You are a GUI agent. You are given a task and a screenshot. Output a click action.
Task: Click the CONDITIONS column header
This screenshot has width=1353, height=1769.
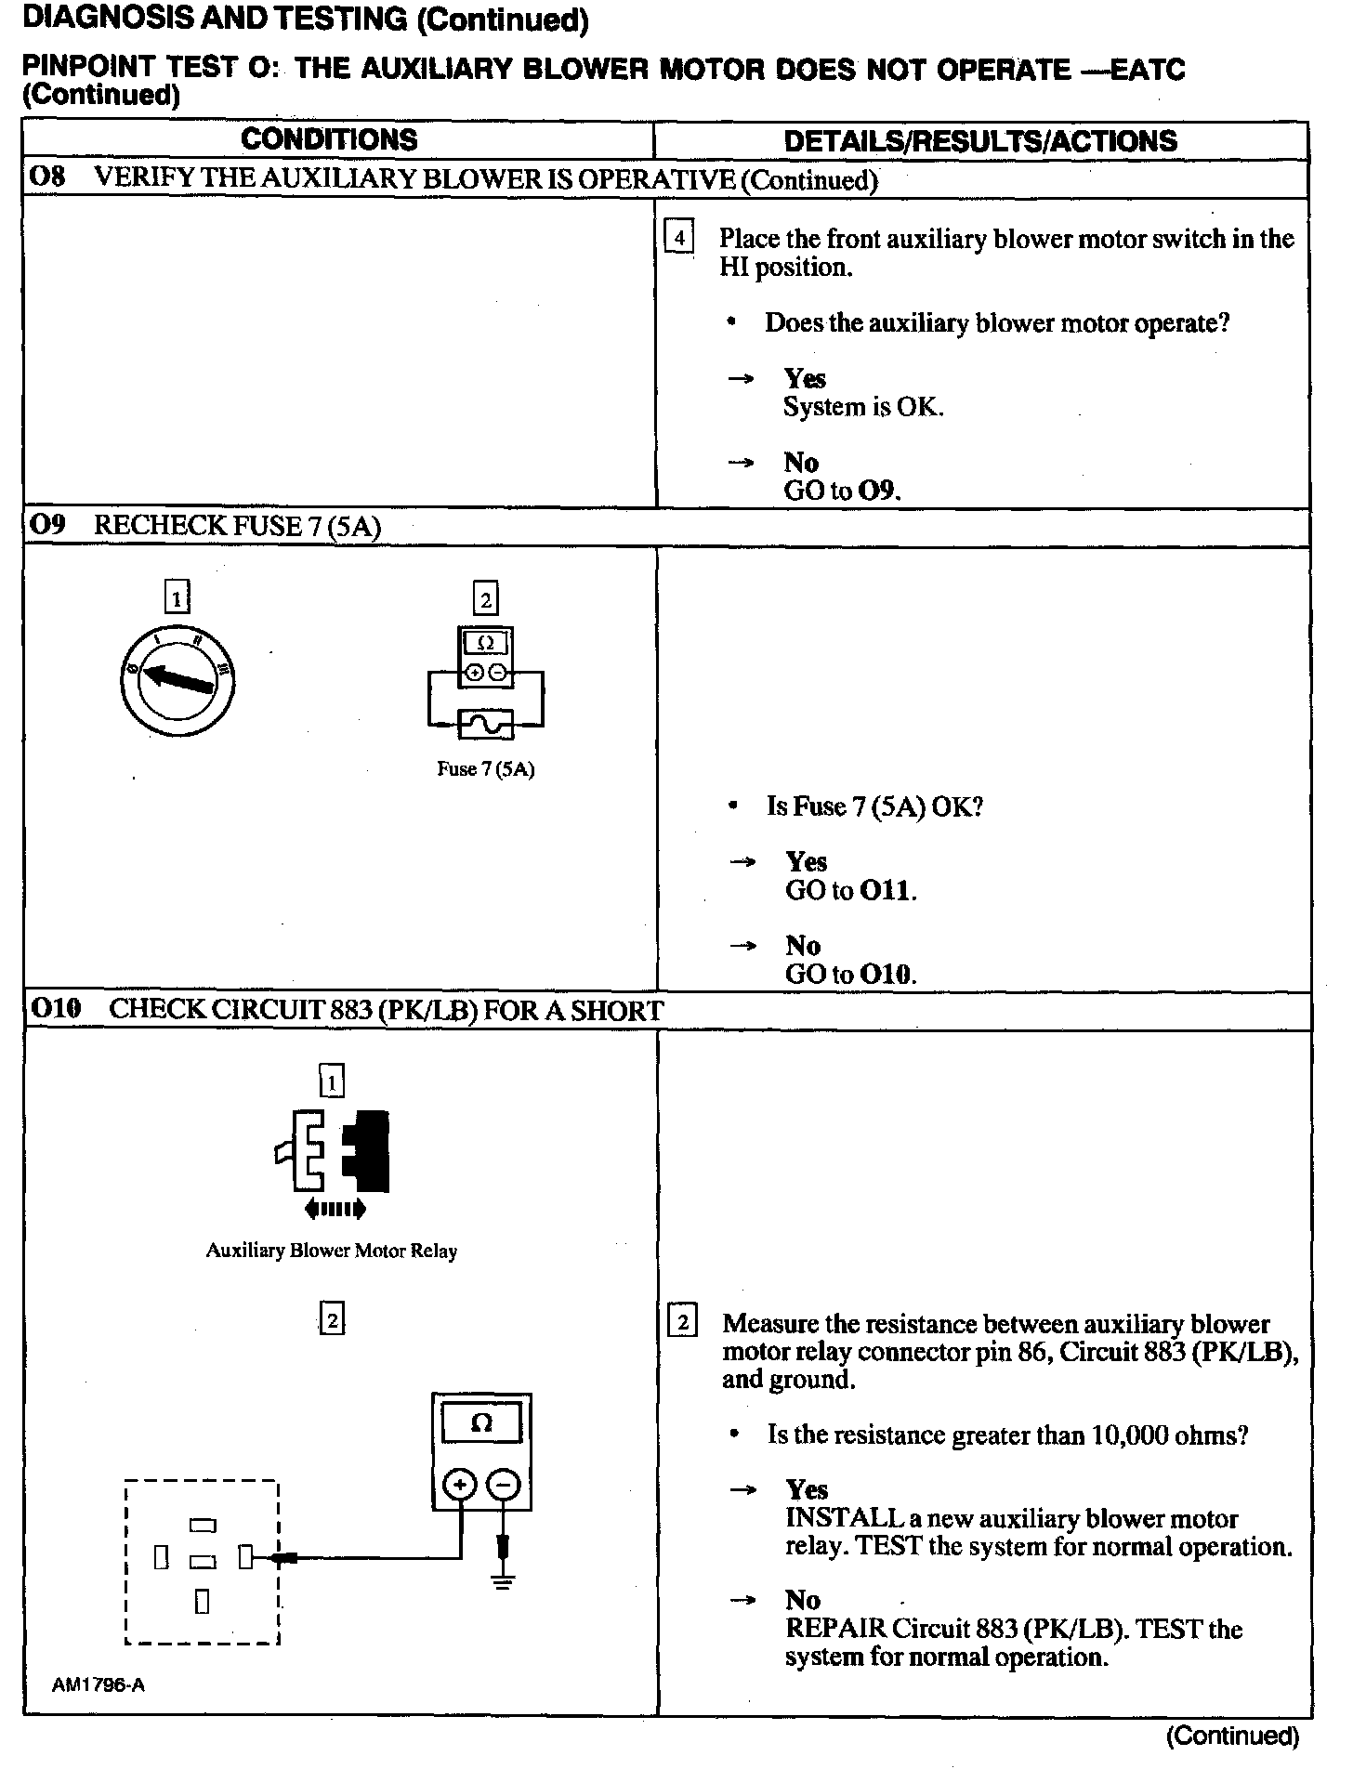tap(329, 139)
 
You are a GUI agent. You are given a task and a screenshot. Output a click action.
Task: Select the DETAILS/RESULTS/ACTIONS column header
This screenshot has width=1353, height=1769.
tap(980, 141)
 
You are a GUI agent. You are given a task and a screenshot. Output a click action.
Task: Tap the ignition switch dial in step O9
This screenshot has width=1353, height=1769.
tap(177, 677)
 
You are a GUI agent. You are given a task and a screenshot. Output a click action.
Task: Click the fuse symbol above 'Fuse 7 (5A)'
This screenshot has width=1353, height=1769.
tap(486, 724)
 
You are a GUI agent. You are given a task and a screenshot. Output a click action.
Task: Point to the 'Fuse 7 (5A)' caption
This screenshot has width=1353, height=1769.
tap(486, 769)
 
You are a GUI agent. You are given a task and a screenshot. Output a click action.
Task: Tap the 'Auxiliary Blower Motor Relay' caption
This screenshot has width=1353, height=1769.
tap(332, 1251)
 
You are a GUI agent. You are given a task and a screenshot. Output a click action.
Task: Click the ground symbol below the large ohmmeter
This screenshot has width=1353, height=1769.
tap(503, 1583)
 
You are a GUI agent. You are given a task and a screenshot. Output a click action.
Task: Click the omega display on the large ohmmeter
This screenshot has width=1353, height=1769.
tap(481, 1423)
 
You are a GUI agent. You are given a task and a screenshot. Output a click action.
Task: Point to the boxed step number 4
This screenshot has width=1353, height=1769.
tap(679, 239)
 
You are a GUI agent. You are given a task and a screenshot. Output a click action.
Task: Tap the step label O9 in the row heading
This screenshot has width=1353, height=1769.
tap(46, 525)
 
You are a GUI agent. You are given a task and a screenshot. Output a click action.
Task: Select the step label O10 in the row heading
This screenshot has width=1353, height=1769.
tap(56, 1010)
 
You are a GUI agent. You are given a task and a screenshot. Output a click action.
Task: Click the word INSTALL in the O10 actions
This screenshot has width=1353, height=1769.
tap(844, 1519)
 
